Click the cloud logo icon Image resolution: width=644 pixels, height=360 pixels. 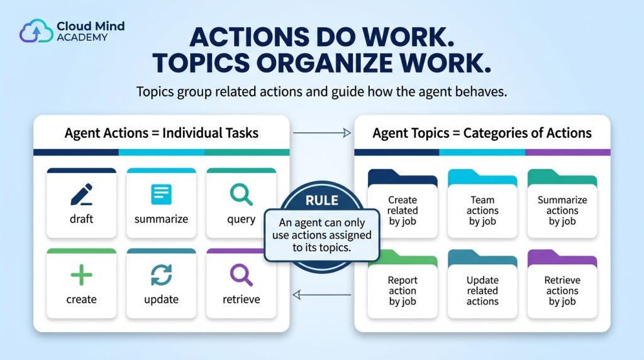tap(36, 31)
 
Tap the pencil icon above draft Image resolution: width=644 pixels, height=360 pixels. tap(81, 194)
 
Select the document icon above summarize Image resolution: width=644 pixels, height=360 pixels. tap(161, 194)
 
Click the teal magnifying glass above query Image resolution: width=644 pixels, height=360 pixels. tap(241, 194)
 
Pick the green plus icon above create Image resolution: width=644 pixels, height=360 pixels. tap(81, 275)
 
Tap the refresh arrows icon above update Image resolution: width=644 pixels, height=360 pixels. tap(161, 275)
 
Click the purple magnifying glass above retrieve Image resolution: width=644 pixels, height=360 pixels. tap(241, 275)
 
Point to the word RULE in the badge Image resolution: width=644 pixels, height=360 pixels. tap(322, 201)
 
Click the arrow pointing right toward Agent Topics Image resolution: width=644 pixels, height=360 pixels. tap(321, 133)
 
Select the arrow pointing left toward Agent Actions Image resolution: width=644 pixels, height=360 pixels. tap(321, 295)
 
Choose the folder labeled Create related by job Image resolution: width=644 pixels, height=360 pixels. tap(402, 203)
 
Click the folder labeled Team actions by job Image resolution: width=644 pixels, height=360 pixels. tap(482, 203)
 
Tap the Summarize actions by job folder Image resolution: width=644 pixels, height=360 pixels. tap(562, 203)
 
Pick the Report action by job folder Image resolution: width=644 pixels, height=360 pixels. tap(402, 284)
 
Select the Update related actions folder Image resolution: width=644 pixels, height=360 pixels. tap(482, 284)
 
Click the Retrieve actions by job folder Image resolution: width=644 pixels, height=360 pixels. tap(562, 284)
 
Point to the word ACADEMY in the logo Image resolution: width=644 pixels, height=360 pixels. tap(82, 37)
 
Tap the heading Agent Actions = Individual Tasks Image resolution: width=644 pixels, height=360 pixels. tap(162, 133)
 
